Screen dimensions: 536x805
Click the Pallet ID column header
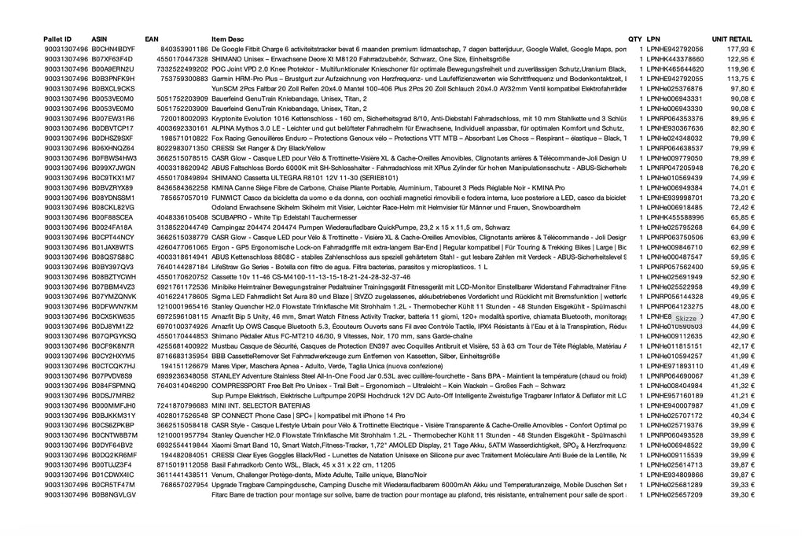[x=57, y=39]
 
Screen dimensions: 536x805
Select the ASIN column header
[x=99, y=39]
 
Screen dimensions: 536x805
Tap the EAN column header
[x=152, y=39]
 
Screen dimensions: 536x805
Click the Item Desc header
[x=227, y=39]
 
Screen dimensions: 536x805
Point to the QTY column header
[x=634, y=39]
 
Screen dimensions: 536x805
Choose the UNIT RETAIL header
[x=732, y=39]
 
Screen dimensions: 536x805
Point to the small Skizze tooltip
[x=686, y=319]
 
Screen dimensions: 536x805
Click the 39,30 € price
[x=742, y=495]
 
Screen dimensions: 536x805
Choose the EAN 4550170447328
[x=182, y=59]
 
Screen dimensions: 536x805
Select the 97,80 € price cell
[x=742, y=89]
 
